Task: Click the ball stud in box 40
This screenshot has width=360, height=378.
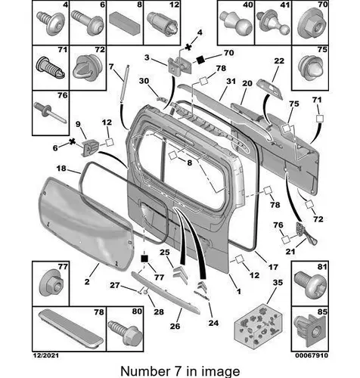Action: tap(236, 23)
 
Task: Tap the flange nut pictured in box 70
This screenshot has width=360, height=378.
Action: tap(311, 25)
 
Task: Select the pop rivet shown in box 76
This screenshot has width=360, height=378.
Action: tap(50, 113)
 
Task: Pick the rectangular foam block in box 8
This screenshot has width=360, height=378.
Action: tap(125, 23)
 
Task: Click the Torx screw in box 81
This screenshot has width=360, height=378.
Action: tap(309, 283)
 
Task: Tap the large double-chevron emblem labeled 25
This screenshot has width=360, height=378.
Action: tap(181, 274)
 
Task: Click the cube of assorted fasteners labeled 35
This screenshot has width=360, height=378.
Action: tap(258, 324)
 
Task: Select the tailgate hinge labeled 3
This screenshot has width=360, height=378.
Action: tap(179, 65)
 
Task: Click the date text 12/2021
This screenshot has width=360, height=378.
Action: tap(46, 355)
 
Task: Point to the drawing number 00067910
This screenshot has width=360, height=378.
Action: tap(312, 355)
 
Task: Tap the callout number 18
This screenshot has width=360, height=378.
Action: tap(61, 168)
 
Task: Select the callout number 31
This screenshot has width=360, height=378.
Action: tap(231, 81)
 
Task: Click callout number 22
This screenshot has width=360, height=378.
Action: tap(279, 61)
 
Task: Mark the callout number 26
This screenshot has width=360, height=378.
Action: tap(175, 327)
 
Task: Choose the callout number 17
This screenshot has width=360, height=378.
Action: tap(273, 267)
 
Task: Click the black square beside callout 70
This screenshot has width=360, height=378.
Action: tap(200, 60)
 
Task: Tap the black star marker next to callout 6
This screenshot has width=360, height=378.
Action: tap(73, 141)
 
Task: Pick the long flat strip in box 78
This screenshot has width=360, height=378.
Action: tap(70, 329)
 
